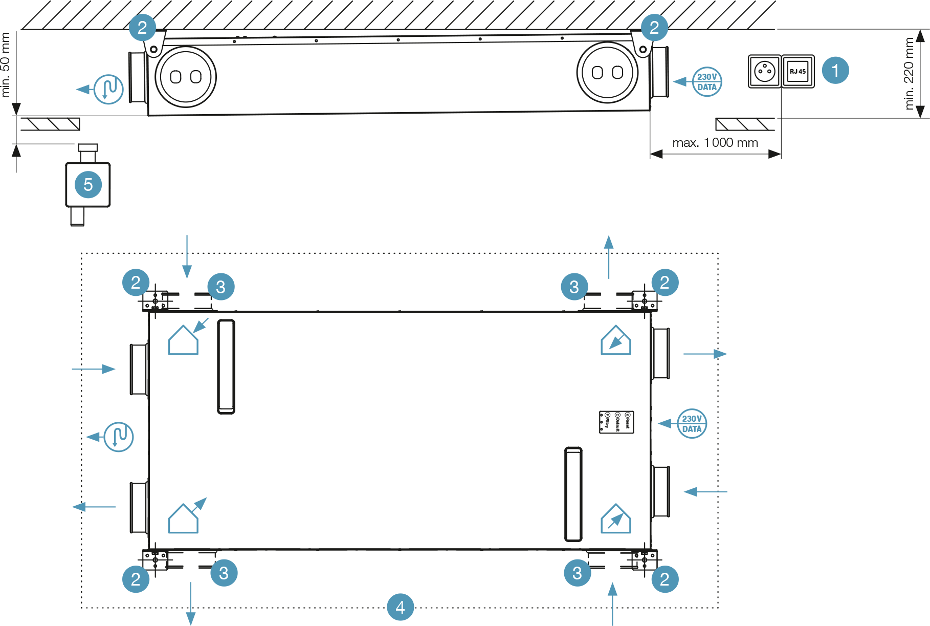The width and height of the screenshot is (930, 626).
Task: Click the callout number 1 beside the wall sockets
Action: [835, 71]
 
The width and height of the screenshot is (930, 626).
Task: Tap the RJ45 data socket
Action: [798, 72]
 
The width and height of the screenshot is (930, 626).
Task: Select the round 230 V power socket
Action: [765, 72]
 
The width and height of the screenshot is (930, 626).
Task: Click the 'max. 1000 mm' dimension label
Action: [715, 143]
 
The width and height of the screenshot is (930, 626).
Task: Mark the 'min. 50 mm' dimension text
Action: [6, 64]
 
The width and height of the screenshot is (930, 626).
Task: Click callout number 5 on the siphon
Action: [88, 184]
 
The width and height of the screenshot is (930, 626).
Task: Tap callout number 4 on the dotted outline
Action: [400, 607]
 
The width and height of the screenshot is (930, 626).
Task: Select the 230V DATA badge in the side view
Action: [707, 82]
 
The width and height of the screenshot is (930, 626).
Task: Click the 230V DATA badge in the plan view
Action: [692, 424]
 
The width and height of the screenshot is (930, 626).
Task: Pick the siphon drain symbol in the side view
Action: [108, 89]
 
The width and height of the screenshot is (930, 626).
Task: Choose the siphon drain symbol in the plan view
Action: [119, 437]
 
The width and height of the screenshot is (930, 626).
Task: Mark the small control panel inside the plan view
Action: [616, 422]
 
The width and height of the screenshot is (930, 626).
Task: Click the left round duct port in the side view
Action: [185, 77]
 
